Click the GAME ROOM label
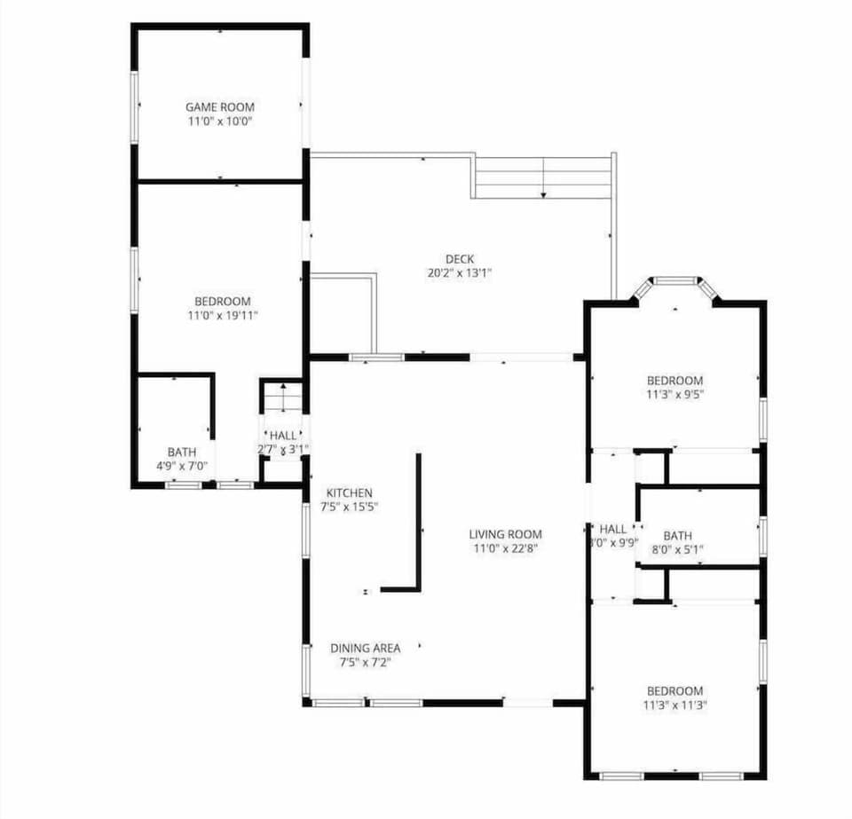pos(219,106)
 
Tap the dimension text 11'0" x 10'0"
pos(219,121)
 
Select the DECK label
pos(459,259)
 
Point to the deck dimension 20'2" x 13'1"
pos(459,273)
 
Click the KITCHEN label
pos(349,493)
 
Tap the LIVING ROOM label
pos(505,534)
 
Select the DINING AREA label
pos(365,649)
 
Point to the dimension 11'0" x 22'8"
pos(505,548)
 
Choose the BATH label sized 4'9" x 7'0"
pos(182,453)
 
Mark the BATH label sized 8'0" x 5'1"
pos(677,536)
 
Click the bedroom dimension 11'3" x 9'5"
pos(674,395)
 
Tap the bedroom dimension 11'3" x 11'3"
pos(674,705)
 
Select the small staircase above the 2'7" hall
pos(282,397)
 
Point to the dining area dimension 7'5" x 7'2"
pos(365,663)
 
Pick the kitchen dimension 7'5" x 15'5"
pos(349,508)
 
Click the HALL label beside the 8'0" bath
pos(613,530)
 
